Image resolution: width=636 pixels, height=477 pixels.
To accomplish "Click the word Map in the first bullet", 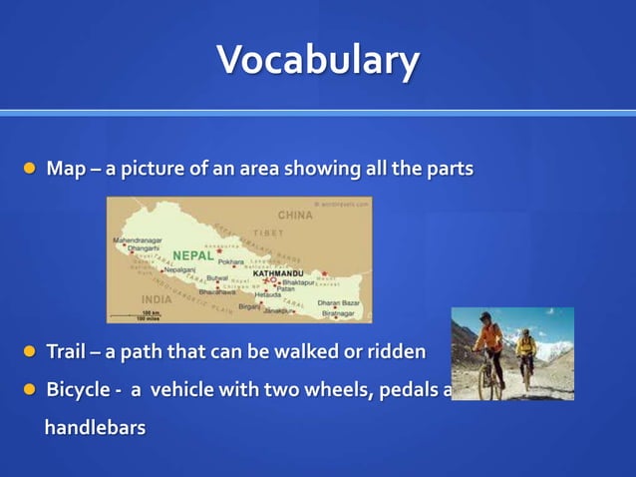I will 66,169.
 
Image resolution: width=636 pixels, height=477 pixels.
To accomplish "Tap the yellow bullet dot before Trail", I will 29,351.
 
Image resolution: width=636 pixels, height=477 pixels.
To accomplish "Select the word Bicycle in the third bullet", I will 78,389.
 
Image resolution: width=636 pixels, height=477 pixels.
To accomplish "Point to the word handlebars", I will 95,427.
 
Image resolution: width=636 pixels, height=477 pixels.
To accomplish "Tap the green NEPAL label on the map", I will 192,255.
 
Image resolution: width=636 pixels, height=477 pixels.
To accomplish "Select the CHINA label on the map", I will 295,215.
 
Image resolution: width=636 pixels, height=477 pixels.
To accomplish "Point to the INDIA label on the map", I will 157,298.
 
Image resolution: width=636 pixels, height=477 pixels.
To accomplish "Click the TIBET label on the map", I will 267,233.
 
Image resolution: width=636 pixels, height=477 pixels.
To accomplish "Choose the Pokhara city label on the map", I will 230,261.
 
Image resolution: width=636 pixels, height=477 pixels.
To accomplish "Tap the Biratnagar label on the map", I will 336,313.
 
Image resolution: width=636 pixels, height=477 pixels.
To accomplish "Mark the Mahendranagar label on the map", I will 138,240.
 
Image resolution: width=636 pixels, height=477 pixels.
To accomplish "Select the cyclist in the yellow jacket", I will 525,351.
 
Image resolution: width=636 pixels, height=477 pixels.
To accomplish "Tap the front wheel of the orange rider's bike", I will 484,384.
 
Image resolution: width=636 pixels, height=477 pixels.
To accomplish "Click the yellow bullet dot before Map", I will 29,169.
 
